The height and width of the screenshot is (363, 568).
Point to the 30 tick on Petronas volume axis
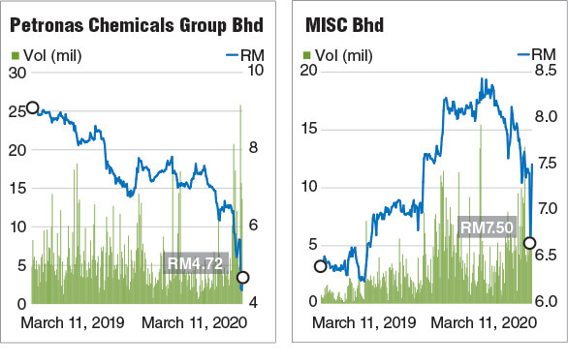tap(17, 73)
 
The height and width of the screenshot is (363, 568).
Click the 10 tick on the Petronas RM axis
tap(255, 73)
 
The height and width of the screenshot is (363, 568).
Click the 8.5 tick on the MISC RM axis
tap(544, 72)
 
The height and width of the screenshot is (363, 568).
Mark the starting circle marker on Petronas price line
tap(32, 108)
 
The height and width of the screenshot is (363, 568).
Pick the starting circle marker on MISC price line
tap(321, 266)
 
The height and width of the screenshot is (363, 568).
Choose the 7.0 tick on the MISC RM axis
tap(544, 209)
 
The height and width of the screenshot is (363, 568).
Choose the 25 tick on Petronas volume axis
tap(17, 111)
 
